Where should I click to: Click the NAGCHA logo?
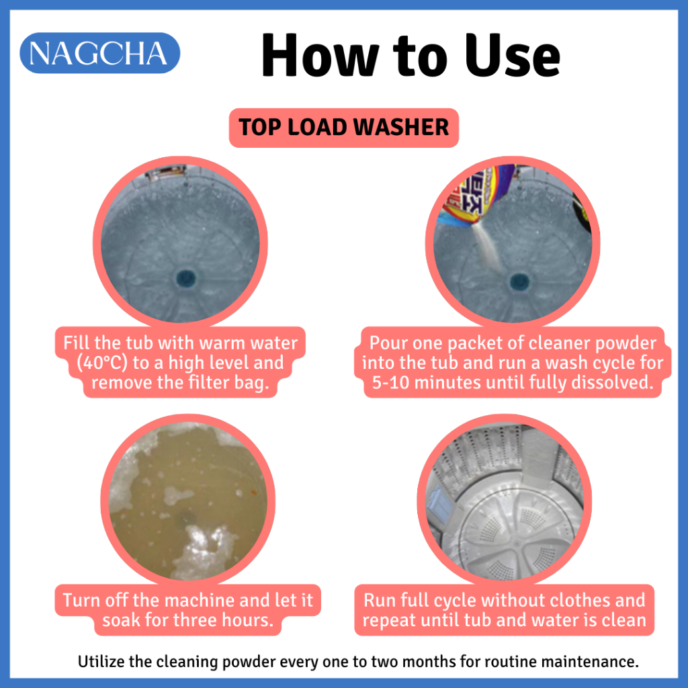(99, 53)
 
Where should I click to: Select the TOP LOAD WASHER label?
(343, 128)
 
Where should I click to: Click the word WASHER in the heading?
(401, 128)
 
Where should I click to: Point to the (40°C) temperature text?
(101, 363)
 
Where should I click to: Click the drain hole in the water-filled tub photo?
(185, 277)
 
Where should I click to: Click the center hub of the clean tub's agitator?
(517, 544)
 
